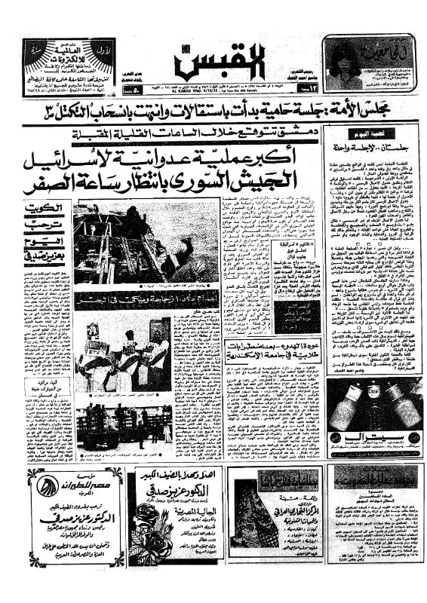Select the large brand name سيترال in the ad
tap(369, 438)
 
